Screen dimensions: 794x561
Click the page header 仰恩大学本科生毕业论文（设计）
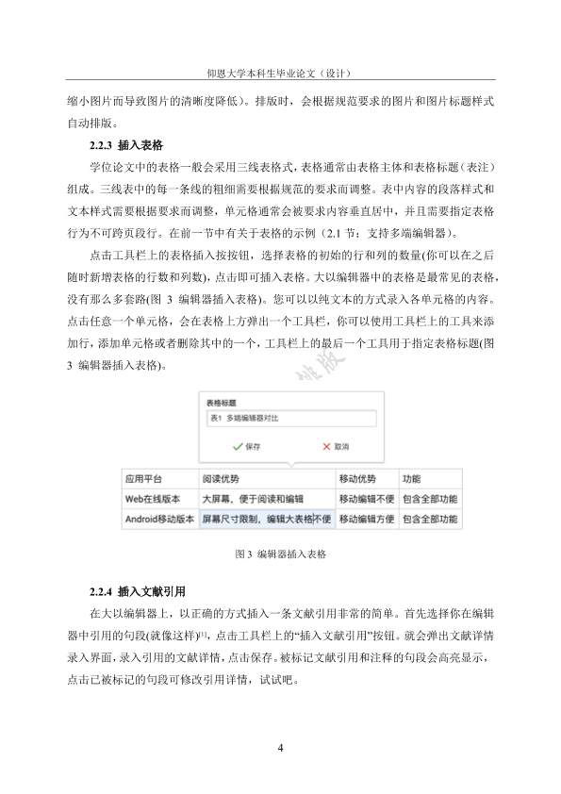pyautogui.click(x=280, y=73)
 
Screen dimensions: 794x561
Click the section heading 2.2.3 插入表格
pyautogui.click(x=125, y=144)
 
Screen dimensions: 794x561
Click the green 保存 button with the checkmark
pyautogui.click(x=246, y=446)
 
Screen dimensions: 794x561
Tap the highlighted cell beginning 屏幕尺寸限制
pyautogui.click(x=266, y=518)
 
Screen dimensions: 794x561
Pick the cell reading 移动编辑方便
pyautogui.click(x=366, y=518)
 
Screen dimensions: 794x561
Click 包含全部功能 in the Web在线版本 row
pyautogui.click(x=430, y=498)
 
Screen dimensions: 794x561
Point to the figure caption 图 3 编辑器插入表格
pyautogui.click(x=281, y=555)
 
